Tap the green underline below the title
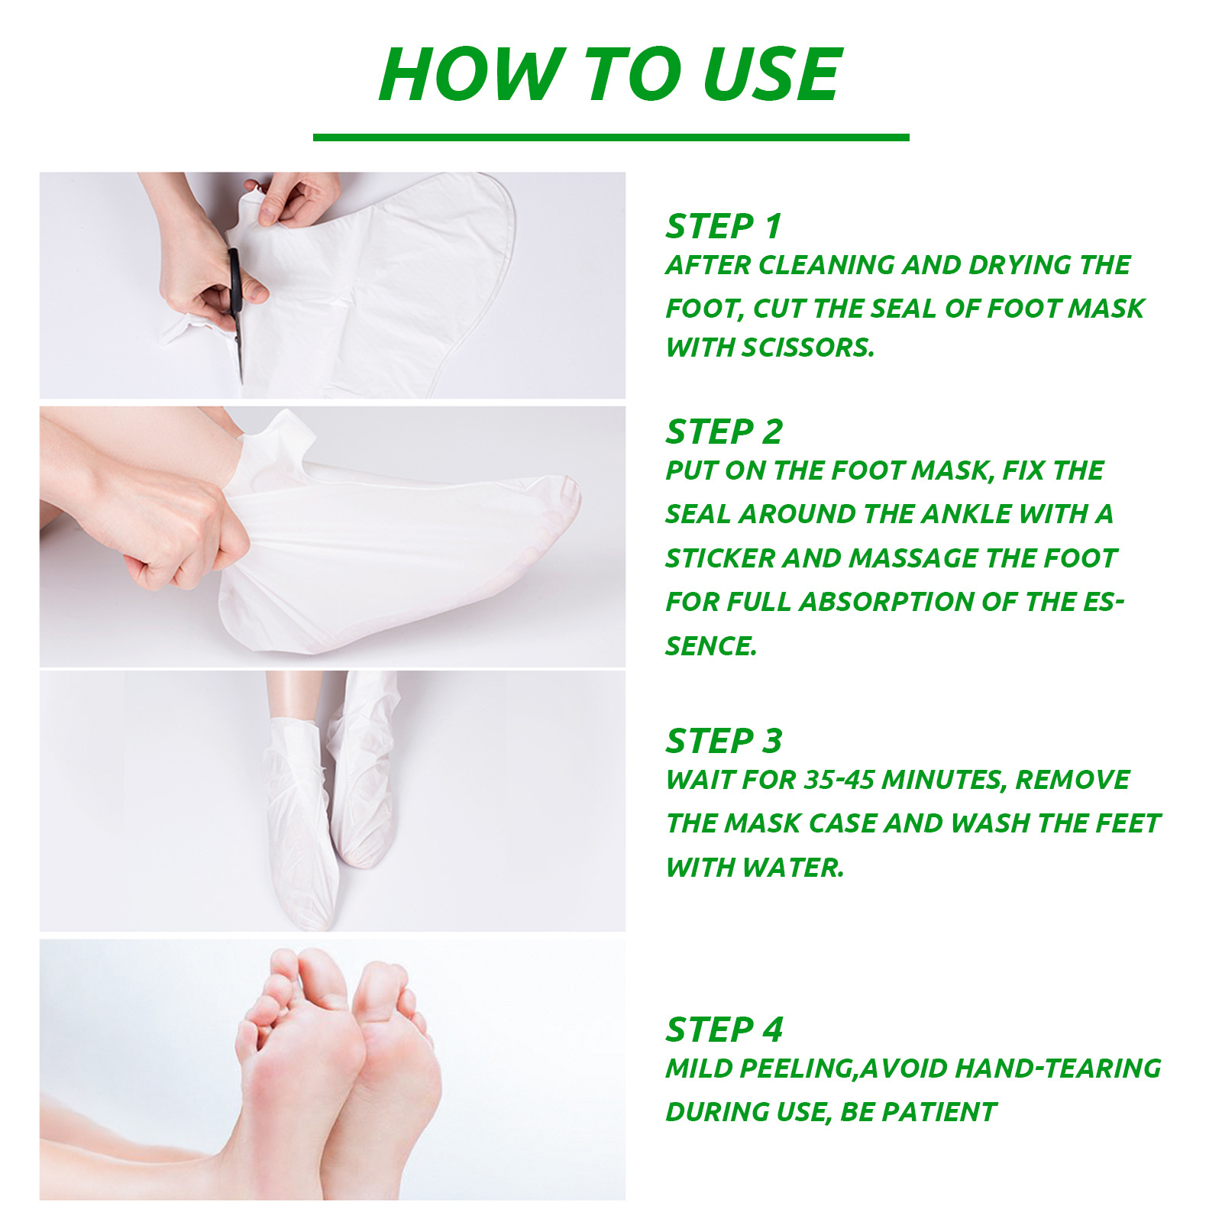611,137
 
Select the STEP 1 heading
724,226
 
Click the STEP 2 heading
724,432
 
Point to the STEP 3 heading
724,741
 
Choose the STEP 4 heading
724,1030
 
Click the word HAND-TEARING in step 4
1058,1068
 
